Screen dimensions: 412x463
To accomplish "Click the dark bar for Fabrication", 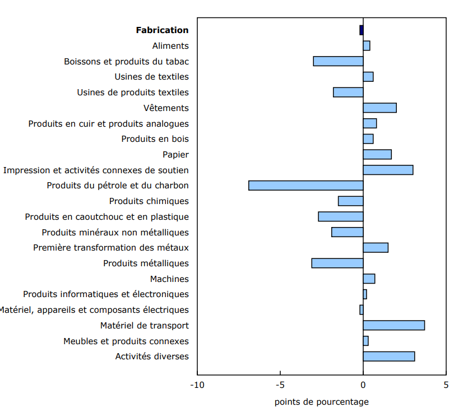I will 362,30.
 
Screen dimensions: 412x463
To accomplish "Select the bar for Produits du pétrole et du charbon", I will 305,186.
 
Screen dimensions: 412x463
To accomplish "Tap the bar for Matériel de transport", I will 393,325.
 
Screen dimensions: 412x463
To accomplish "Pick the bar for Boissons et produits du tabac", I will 338,61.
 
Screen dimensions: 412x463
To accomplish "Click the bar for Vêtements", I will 379,108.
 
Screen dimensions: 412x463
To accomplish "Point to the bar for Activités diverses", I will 388,357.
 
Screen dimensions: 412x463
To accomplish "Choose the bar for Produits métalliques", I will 337,263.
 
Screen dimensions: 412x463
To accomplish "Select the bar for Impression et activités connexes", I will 388,170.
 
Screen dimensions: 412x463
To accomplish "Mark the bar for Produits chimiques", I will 350,201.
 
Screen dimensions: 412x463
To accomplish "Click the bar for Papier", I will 377,154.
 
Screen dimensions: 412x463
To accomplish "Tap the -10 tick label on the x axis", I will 197,385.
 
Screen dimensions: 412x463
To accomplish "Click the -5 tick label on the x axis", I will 280,385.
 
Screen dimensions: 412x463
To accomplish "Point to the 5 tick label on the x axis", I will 446,385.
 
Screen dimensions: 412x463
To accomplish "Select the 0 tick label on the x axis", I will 363,385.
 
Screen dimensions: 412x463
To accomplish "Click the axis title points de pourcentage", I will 322,402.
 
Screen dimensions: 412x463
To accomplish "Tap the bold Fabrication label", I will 162,30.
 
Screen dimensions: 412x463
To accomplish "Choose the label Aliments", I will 170,46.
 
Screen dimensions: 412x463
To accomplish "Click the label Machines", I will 169,279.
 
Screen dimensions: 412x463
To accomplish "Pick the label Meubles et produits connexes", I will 126,341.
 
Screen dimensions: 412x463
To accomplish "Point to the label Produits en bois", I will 155,139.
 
